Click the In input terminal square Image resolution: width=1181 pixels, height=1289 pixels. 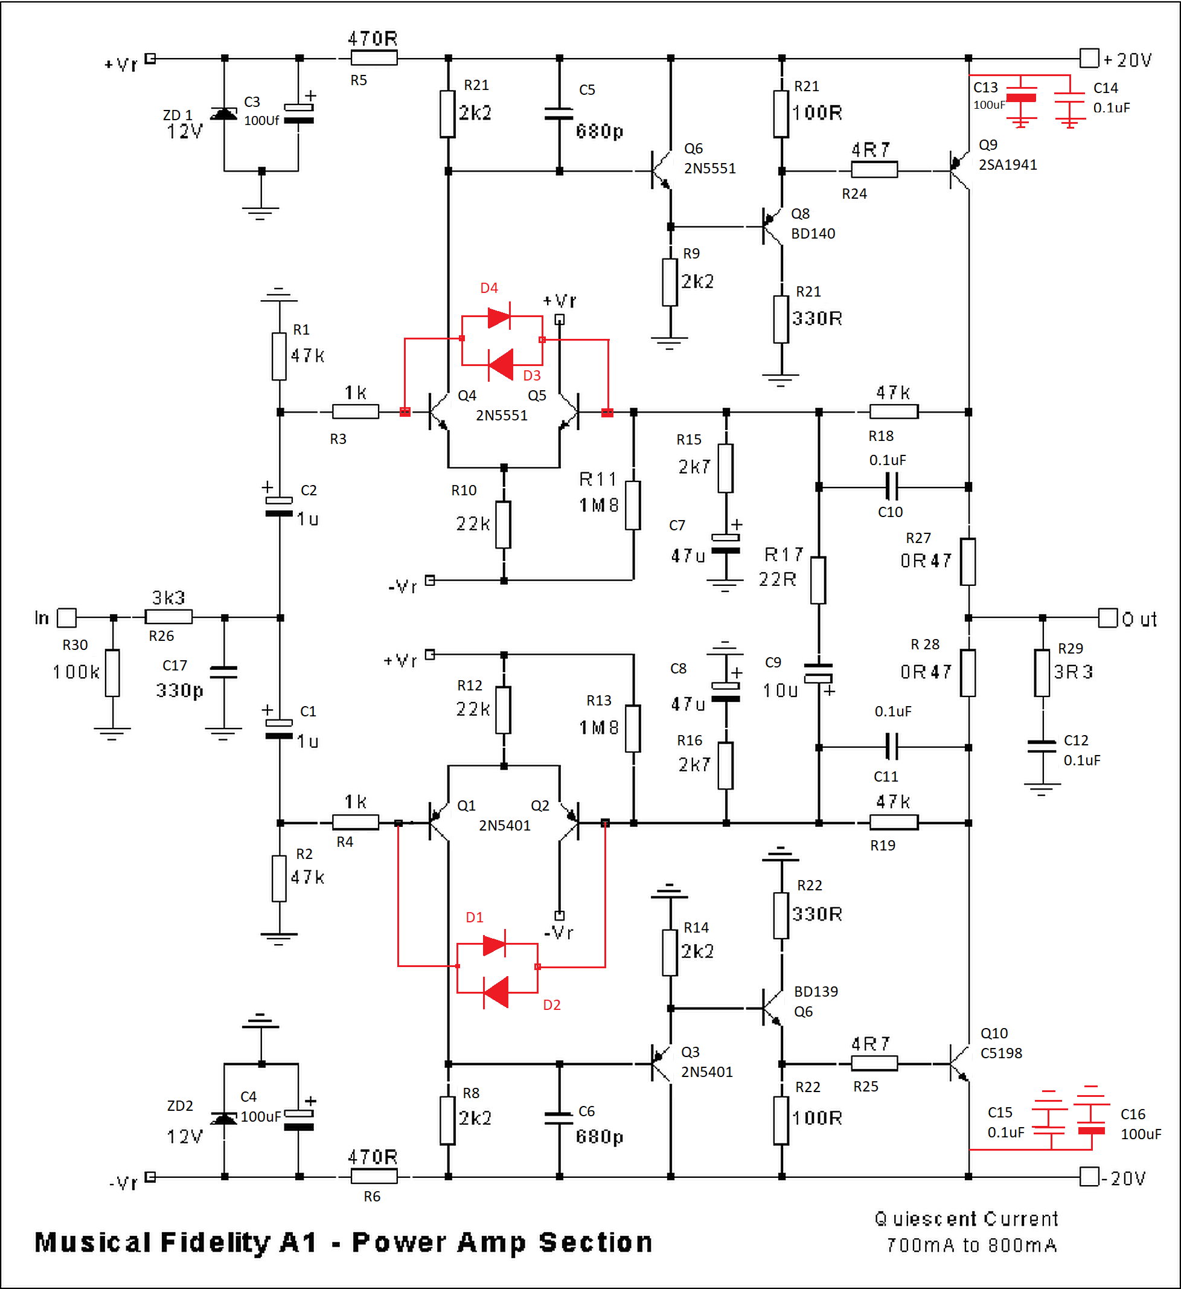point(66,618)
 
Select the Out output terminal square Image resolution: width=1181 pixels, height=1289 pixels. point(1107,618)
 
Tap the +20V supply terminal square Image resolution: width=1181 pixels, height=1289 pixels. point(1089,58)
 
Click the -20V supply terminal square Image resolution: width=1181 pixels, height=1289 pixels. point(1089,1176)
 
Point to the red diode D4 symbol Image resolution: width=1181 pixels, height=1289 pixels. point(499,317)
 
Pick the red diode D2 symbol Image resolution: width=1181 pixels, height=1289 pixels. point(496,992)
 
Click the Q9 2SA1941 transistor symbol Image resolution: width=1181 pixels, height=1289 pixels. point(959,171)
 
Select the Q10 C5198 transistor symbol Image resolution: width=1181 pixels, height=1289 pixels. point(959,1064)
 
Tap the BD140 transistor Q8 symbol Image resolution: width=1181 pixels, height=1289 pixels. point(772,227)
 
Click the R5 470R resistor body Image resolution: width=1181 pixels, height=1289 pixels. point(374,58)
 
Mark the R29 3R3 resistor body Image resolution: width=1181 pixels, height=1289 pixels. point(1042,673)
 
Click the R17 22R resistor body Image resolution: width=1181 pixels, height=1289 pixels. point(818,580)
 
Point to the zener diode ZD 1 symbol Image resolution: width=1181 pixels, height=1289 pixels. point(223,114)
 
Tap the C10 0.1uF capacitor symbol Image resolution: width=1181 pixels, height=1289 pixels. point(892,487)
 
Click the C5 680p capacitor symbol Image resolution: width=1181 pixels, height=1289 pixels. point(559,114)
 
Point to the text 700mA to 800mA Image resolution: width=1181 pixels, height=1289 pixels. point(971,1245)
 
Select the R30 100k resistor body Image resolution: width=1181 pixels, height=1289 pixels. point(112,673)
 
